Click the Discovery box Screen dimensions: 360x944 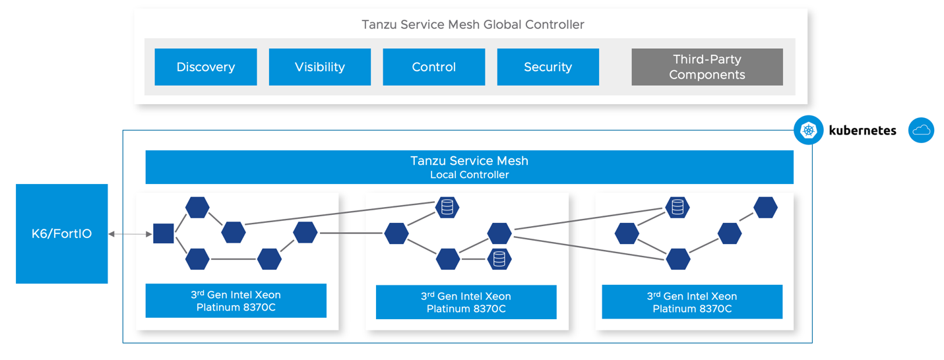click(x=205, y=67)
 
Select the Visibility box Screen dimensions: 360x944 click(x=319, y=67)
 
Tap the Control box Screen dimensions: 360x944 click(x=433, y=67)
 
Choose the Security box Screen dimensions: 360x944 click(x=548, y=67)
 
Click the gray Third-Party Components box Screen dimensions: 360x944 click(x=707, y=67)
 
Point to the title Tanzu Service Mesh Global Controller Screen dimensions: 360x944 click(x=472, y=25)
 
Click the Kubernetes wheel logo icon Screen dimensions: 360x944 click(x=808, y=130)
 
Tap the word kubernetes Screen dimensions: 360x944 click(x=862, y=131)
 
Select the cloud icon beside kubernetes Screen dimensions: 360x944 click(x=921, y=131)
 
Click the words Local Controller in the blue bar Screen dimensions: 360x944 click(x=469, y=175)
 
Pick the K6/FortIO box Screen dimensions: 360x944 click(x=62, y=234)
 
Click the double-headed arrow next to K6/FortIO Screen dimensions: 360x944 click(x=130, y=234)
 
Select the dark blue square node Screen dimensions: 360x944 click(x=163, y=233)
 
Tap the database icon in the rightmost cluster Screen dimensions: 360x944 click(x=677, y=207)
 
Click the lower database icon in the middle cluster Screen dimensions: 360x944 click(x=499, y=259)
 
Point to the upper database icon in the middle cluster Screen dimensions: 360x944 click(x=447, y=207)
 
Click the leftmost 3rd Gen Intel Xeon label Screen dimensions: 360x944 click(x=236, y=295)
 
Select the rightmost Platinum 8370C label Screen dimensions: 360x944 click(x=691, y=309)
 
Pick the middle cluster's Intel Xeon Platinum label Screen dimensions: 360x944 click(x=466, y=302)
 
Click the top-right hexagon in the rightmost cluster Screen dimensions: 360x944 click(x=765, y=207)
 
